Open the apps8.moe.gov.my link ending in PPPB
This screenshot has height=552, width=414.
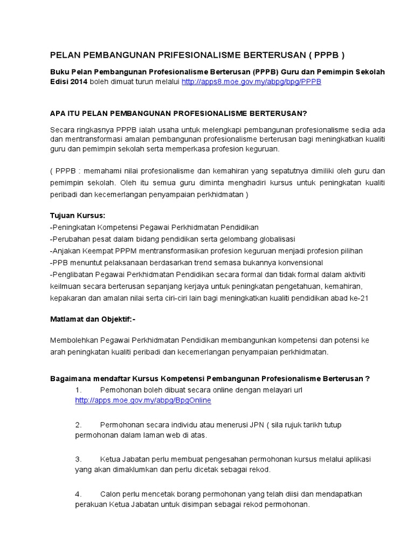251,81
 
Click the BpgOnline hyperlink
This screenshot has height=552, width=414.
143,400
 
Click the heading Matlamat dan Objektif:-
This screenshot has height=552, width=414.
92,319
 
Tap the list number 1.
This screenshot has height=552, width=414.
78,389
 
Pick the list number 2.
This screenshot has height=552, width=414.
78,425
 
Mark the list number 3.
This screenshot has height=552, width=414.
78,459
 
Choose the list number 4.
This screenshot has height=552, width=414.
78,494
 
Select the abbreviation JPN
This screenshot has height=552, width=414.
254,425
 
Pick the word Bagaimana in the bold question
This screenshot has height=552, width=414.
70,378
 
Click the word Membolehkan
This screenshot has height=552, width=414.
74,340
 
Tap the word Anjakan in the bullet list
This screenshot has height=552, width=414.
66,251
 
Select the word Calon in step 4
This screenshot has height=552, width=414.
110,494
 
